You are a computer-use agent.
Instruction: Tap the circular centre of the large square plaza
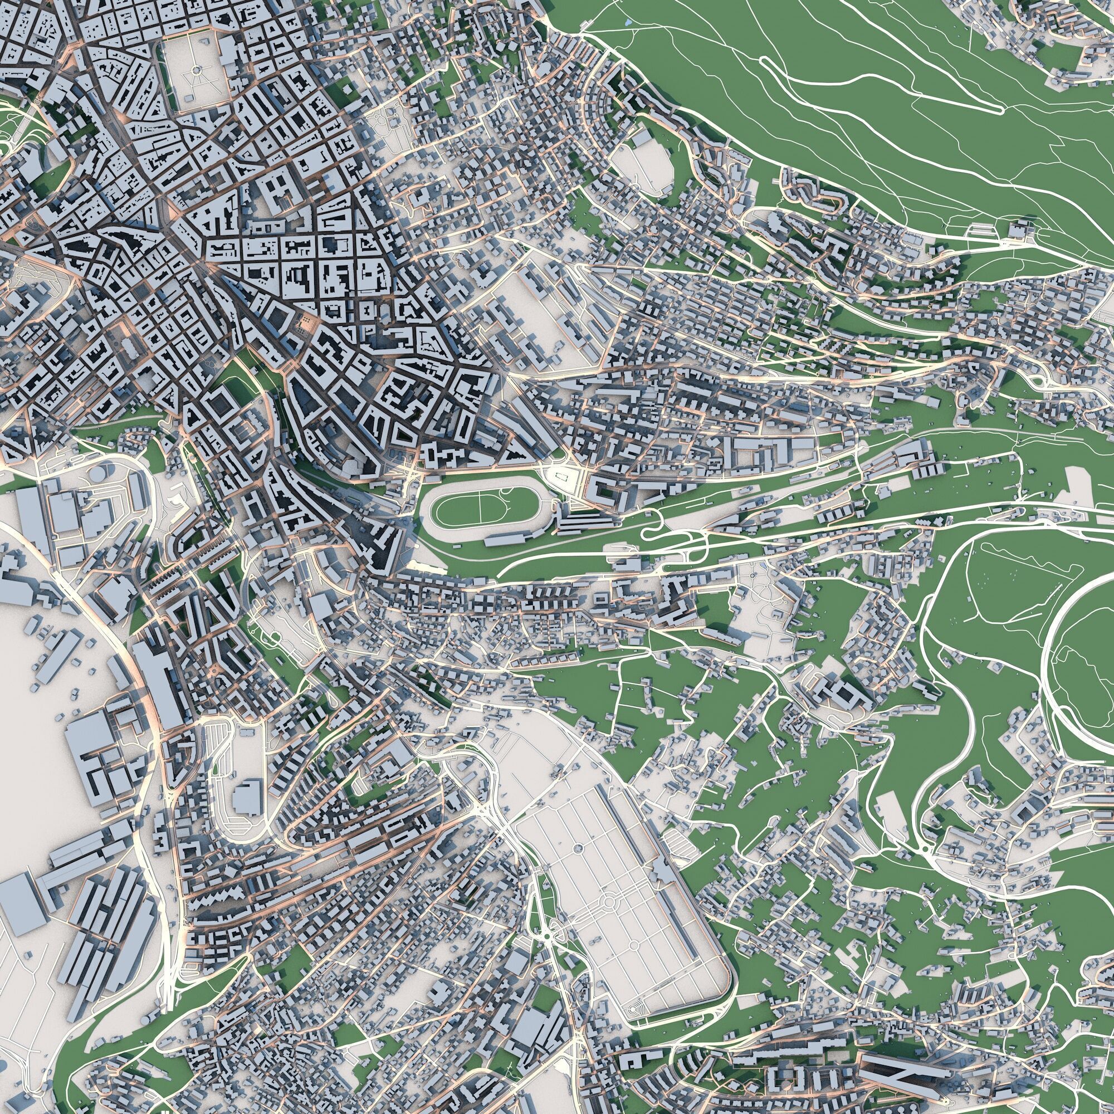pos(196,70)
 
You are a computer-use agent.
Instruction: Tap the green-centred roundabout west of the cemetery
pos(546,934)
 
